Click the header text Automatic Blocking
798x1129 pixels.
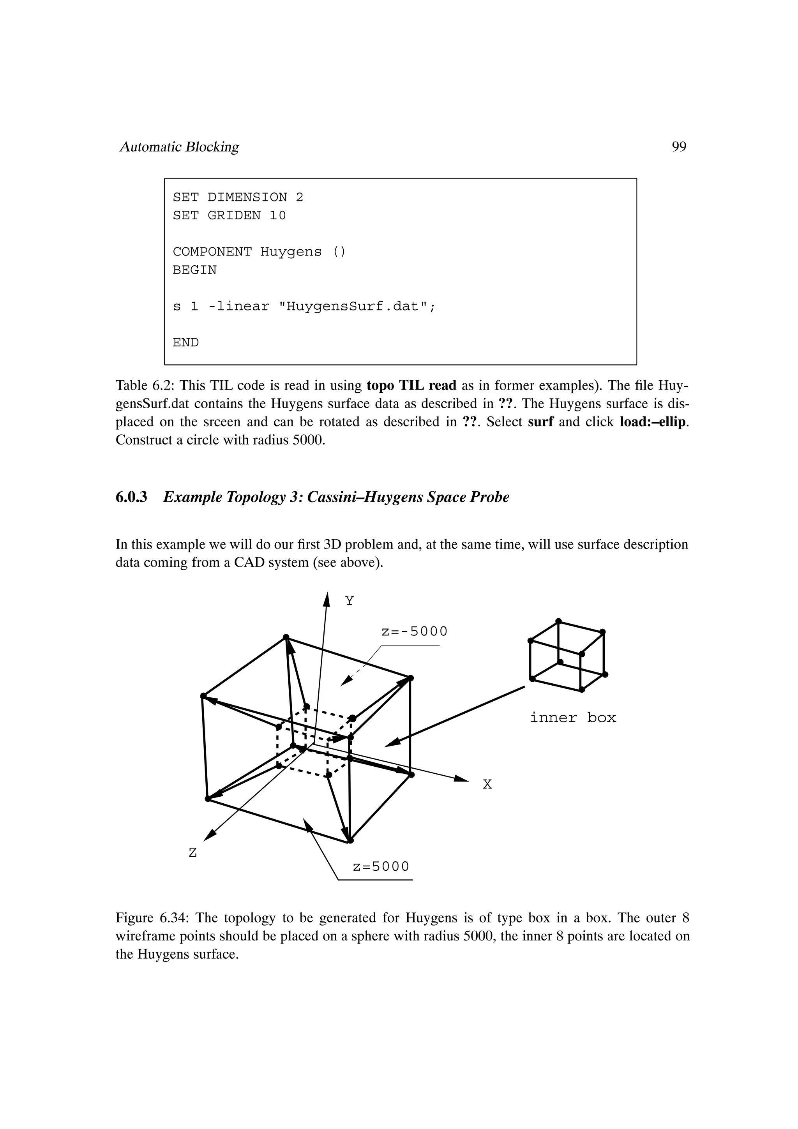coord(180,147)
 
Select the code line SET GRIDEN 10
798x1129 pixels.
coord(229,215)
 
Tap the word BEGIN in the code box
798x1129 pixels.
coord(195,270)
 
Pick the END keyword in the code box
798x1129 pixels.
coord(186,343)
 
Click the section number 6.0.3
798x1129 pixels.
coord(131,497)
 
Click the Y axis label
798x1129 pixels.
coord(349,601)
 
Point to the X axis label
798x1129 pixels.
coord(487,784)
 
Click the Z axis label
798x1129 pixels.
coord(193,853)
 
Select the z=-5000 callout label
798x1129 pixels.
coord(415,632)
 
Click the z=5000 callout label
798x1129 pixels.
coord(381,866)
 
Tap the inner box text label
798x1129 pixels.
coord(573,718)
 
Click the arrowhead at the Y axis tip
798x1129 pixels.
coord(327,600)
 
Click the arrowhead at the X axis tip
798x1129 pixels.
coord(462,778)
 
